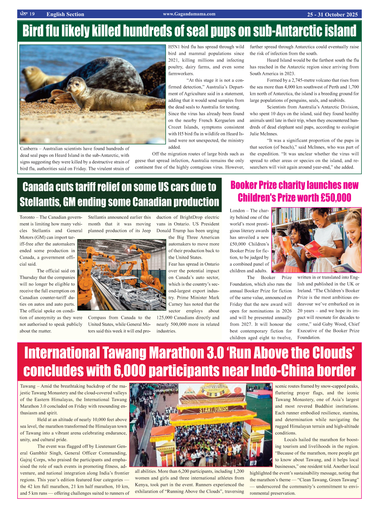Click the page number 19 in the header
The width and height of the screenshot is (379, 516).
32,14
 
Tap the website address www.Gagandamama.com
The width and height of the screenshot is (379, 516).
189,14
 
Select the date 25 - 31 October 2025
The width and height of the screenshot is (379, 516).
332,14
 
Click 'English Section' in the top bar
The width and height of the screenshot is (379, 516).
65,14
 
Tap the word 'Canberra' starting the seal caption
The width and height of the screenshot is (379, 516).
29,149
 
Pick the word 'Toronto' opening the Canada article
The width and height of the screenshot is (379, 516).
27,217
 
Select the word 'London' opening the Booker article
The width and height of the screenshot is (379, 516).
237,211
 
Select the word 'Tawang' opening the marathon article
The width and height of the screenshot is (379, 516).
28,386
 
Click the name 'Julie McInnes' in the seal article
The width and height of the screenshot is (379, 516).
264,134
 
